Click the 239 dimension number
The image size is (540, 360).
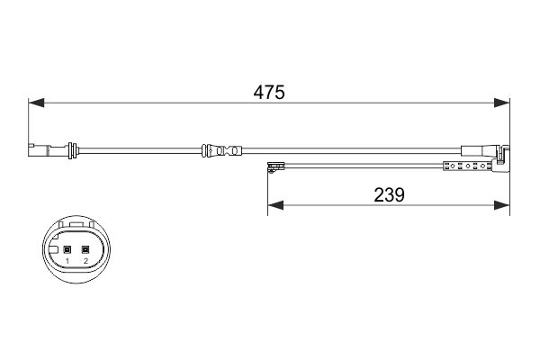tap(389, 193)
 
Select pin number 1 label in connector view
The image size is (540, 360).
tap(67, 261)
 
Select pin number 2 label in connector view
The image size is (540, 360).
tap(85, 261)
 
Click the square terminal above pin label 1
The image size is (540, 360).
tap(67, 249)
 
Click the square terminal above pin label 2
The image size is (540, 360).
tap(85, 249)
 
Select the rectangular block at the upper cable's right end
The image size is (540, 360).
tap(473, 151)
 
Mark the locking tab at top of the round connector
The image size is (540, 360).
tap(76, 226)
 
